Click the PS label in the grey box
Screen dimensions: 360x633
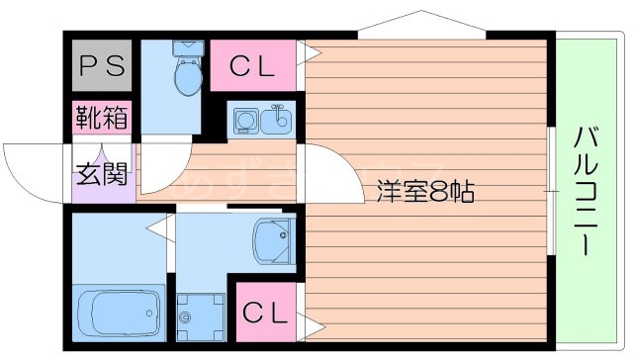click(103, 66)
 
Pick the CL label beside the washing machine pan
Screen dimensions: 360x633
click(265, 315)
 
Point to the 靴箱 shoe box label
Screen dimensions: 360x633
click(102, 118)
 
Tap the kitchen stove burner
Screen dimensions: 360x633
click(244, 122)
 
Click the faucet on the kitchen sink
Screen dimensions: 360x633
click(278, 109)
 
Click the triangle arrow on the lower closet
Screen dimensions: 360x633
click(314, 324)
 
